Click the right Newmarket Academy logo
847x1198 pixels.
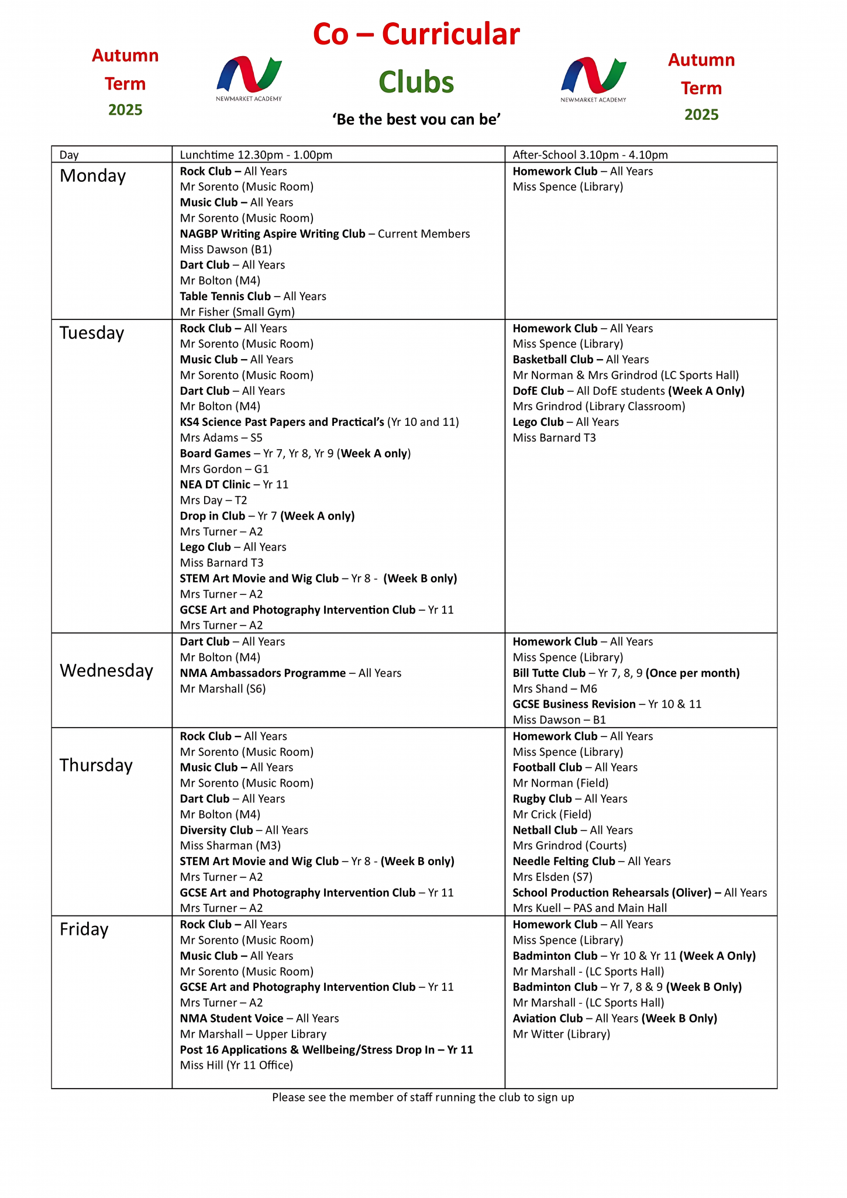(593, 79)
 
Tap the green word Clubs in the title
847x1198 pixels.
(416, 82)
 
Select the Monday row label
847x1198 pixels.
(92, 175)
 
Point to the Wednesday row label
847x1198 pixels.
(106, 670)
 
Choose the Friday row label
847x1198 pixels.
(84, 929)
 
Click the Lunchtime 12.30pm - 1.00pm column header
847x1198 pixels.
(256, 155)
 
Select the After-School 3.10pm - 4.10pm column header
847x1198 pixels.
(590, 155)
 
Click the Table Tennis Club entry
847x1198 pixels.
(225, 297)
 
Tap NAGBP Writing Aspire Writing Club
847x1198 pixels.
(272, 234)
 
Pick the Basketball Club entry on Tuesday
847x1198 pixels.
(553, 360)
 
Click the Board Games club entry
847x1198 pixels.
(215, 453)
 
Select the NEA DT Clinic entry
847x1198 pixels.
(215, 485)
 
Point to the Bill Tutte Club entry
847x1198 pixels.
(549, 673)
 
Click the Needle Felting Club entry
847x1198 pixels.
(563, 861)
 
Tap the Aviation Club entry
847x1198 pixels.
(548, 1018)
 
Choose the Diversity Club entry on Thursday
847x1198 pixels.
(216, 830)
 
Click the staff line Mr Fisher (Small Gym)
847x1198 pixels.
(237, 312)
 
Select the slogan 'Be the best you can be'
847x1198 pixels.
(416, 119)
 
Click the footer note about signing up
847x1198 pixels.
(423, 1097)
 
